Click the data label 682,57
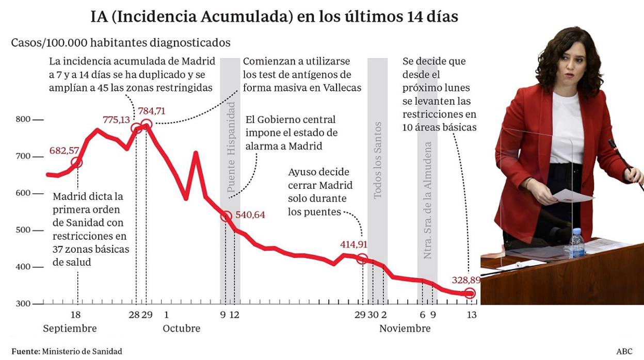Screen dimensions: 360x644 64,151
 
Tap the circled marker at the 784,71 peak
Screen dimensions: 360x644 146,124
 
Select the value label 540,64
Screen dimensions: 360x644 250,215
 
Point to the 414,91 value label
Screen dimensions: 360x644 353,244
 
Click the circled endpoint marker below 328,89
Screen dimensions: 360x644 470,293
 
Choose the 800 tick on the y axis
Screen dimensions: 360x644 23,120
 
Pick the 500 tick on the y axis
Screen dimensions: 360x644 23,230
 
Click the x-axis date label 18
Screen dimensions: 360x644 75,315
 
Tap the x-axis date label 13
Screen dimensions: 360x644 471,315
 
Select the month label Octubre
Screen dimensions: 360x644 182,329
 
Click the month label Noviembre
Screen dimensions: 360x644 405,329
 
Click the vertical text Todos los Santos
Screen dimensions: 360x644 378,160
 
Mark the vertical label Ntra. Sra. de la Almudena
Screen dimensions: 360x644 427,200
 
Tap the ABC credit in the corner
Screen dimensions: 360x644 624,351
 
